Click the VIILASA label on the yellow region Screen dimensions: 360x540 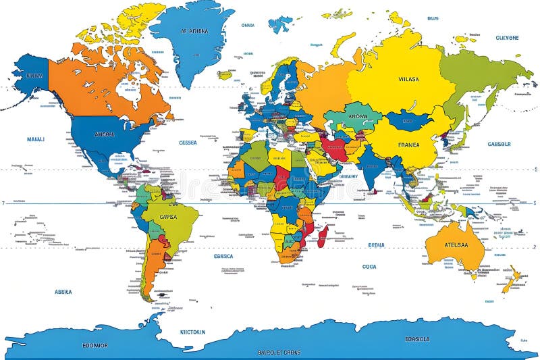pos(408,79)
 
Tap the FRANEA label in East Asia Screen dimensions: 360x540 pos(408,145)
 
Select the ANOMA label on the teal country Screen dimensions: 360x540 pos(357,116)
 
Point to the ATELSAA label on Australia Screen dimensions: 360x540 pos(456,245)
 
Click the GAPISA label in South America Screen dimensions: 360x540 pos(168,217)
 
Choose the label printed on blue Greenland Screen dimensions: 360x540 pos(194,30)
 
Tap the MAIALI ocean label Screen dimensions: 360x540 pos(35,139)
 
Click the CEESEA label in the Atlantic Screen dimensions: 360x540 pos(188,143)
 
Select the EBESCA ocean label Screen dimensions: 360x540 pos(223,256)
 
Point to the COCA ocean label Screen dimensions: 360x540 pos(369,266)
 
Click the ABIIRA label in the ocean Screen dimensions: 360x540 pos(63,292)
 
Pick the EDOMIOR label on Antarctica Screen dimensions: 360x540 pos(94,345)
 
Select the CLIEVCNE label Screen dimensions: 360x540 pos(507,38)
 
